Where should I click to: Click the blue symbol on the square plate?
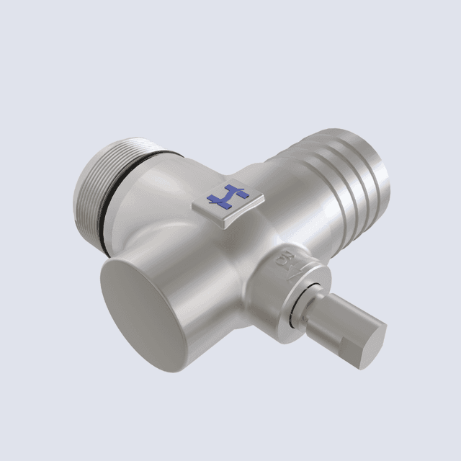coord(226,197)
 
